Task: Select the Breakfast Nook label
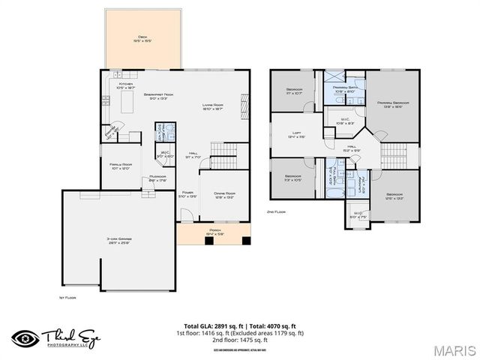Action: click(x=159, y=95)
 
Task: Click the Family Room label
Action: click(x=120, y=166)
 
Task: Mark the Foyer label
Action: click(x=187, y=193)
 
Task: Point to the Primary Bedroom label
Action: click(x=393, y=104)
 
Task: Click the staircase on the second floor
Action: click(x=393, y=155)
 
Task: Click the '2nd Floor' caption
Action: click(x=278, y=212)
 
